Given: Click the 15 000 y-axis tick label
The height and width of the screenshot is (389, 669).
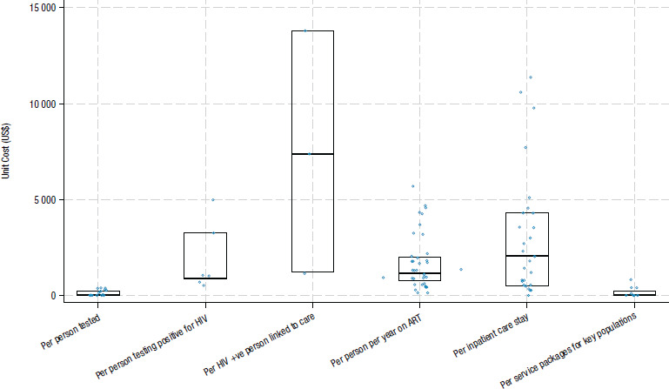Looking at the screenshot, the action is click(x=43, y=8).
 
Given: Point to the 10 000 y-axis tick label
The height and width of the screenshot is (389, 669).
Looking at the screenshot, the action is click(x=43, y=104).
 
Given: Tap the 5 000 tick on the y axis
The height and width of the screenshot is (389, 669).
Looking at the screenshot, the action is click(x=44, y=200).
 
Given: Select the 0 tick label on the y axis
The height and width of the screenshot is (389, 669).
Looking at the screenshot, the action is click(x=53, y=296).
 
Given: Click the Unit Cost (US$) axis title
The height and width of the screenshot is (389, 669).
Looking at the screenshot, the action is click(x=5, y=151).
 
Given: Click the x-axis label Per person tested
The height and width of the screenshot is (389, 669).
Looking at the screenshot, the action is click(x=70, y=332).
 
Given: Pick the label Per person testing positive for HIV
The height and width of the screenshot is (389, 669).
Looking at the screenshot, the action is click(x=152, y=346).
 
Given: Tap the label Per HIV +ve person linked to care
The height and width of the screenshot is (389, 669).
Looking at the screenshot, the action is click(x=260, y=344).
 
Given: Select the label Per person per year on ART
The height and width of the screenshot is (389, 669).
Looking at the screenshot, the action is click(x=377, y=340).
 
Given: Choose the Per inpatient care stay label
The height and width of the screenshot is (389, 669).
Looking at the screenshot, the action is click(x=492, y=335).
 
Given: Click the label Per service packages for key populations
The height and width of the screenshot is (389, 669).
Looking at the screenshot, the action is click(x=569, y=350).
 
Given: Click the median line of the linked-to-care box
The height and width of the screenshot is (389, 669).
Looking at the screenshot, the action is click(x=312, y=154).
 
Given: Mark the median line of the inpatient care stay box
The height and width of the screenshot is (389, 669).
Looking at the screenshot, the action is click(x=527, y=256).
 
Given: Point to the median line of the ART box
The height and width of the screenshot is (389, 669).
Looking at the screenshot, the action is click(x=420, y=273).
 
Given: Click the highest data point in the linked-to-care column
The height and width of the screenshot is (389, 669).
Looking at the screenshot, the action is click(x=305, y=30).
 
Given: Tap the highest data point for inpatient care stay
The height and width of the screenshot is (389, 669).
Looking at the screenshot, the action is click(x=531, y=77).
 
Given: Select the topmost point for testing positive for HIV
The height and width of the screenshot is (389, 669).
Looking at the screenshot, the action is click(x=213, y=200).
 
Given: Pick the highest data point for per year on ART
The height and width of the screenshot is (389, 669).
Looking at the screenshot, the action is click(x=412, y=186).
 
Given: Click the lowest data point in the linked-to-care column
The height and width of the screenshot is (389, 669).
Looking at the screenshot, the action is click(x=304, y=273).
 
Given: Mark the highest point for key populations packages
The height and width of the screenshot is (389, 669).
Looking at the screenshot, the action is click(x=631, y=279).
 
